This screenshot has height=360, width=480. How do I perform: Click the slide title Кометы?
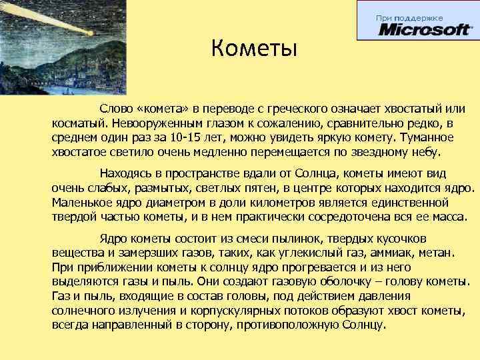point(253,49)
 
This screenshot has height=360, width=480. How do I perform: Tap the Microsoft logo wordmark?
point(425,30)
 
